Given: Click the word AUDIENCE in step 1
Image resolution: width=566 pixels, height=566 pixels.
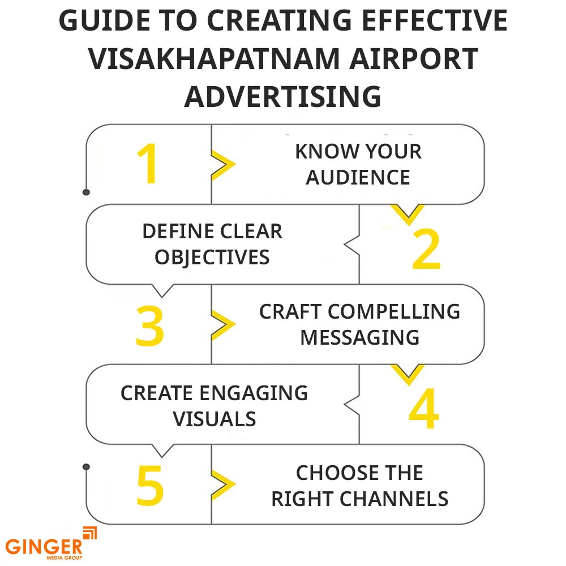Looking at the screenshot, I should point(358,177).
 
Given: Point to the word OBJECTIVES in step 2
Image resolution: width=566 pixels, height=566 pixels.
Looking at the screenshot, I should point(212,258).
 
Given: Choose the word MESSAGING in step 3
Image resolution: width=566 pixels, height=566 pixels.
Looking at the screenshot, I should point(360,337).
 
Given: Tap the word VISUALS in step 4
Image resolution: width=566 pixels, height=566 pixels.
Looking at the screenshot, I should point(215,419).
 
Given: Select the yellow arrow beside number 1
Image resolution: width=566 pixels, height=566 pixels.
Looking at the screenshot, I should point(223,164).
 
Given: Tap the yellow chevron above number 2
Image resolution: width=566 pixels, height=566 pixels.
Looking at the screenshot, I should point(408,214).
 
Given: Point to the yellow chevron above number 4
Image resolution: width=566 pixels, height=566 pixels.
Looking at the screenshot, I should point(408,374).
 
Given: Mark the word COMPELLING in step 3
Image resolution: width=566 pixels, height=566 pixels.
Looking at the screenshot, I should point(394,311).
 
